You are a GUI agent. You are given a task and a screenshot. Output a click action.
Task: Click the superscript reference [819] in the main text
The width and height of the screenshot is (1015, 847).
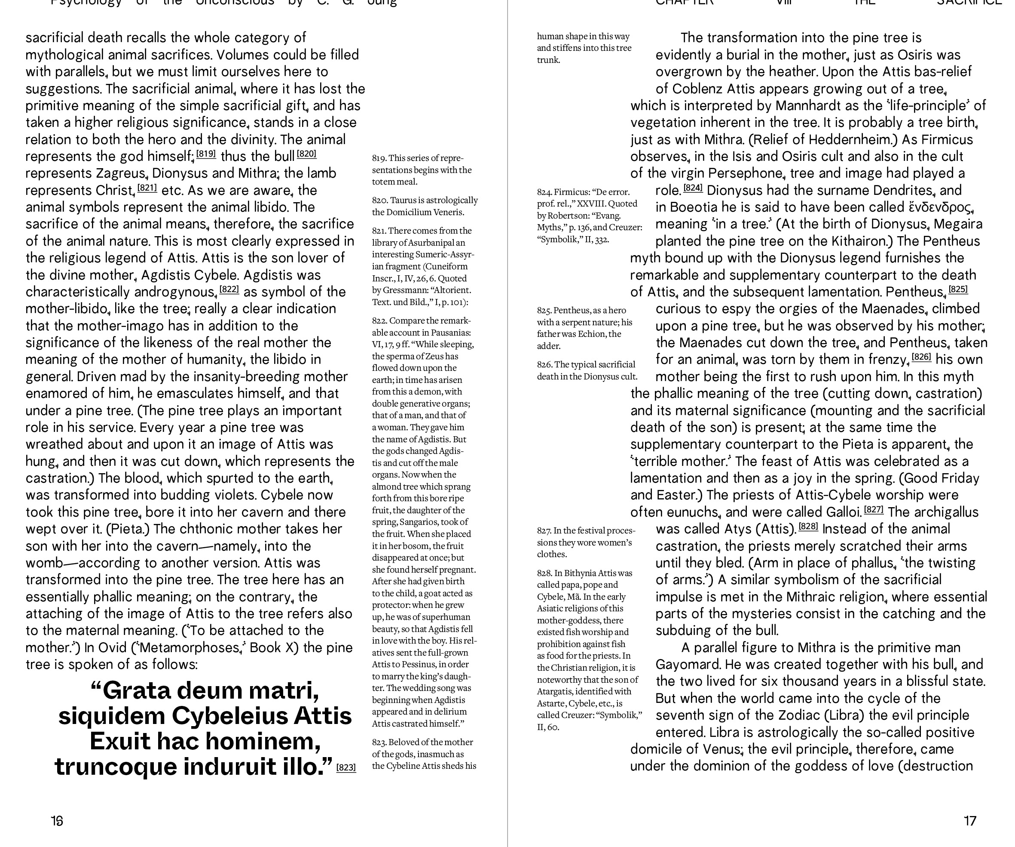pos(206,154)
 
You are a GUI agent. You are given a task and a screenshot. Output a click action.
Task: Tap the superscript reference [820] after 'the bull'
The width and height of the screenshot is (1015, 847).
pos(306,154)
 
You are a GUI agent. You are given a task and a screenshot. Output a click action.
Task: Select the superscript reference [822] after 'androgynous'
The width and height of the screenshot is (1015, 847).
pos(229,290)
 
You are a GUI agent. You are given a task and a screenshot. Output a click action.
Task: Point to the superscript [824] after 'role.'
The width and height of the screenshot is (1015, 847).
pos(693,188)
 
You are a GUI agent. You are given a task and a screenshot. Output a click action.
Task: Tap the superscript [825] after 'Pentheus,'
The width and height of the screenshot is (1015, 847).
pos(958,290)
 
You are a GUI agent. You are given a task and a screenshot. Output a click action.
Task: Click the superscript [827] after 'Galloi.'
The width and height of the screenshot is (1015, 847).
pos(873,510)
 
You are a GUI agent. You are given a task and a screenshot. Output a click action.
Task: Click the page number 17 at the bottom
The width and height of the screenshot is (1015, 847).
pos(969,821)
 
